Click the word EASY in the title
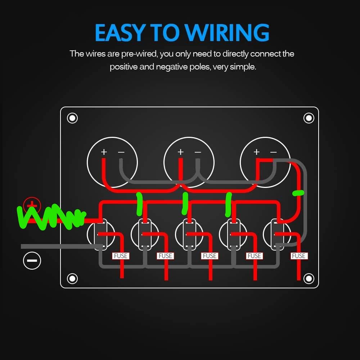120,32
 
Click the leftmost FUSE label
121,256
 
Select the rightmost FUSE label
299,256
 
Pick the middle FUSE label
210,256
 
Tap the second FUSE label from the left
165,256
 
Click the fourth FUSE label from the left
254,256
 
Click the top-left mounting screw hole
72,118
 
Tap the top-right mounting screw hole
309,118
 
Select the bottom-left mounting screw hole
72,279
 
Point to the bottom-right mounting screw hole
309,279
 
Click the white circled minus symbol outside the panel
32,261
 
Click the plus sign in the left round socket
104,152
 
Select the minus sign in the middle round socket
198,152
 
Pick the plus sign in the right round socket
257,152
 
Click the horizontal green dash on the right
298,193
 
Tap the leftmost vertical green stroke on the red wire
139,204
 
